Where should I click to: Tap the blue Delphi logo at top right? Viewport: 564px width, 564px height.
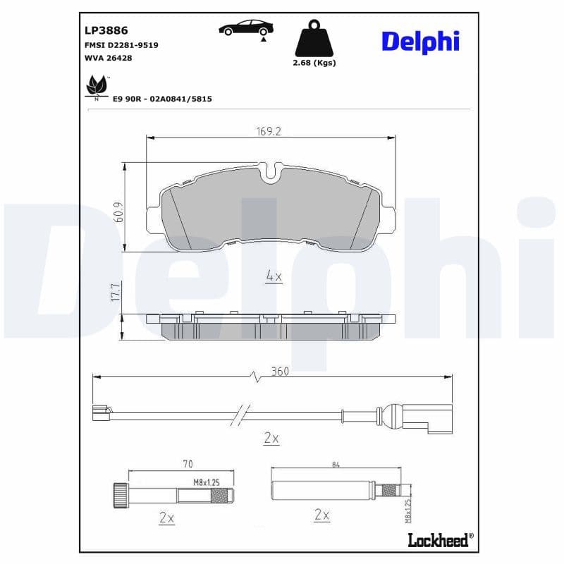(420, 41)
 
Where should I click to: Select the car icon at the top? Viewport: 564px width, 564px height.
(245, 29)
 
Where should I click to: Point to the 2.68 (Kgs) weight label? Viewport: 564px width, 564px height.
(314, 63)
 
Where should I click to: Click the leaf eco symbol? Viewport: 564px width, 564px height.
(94, 87)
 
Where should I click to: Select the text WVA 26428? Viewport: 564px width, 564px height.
(108, 58)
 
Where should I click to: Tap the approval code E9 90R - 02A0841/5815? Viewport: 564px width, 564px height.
(162, 99)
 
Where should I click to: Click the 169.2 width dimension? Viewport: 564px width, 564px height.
(269, 131)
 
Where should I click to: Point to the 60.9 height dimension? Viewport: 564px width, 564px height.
(118, 212)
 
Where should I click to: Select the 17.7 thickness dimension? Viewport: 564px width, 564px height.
(117, 293)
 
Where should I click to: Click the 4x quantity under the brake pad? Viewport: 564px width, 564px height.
(274, 276)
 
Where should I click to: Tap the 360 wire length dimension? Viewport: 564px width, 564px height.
(279, 372)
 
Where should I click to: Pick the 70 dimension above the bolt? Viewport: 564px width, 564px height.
(188, 465)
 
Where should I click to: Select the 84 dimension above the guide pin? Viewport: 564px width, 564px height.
(334, 465)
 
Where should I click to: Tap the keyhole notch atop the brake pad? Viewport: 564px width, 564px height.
(270, 173)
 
